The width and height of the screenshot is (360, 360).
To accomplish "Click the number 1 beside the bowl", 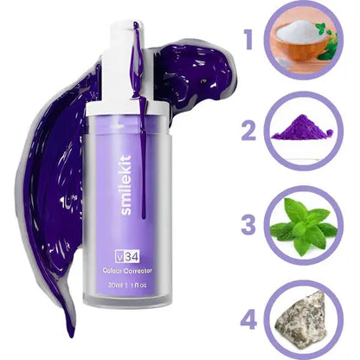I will point(248,40).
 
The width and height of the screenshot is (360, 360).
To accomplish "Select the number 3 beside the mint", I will point(247,224).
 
